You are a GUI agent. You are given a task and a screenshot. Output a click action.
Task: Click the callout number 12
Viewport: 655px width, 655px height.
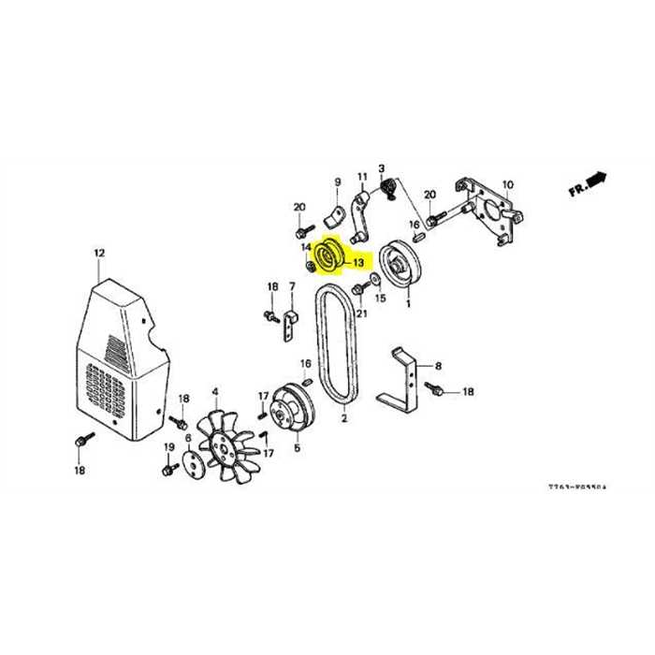point(99,253)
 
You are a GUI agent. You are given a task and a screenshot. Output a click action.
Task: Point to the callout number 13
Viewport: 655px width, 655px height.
point(358,263)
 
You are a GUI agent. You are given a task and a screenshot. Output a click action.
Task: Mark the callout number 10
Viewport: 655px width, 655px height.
point(508,184)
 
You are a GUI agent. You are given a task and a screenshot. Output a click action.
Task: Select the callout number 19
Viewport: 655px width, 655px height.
point(170,448)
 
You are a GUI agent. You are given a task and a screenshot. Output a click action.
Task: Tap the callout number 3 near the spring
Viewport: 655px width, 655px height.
point(382,168)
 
